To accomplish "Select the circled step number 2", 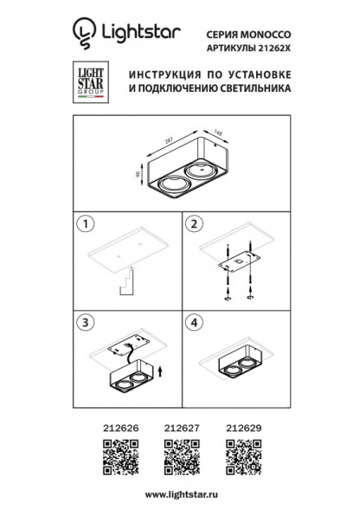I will point(194,223).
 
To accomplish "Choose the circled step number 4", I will point(194,322).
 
